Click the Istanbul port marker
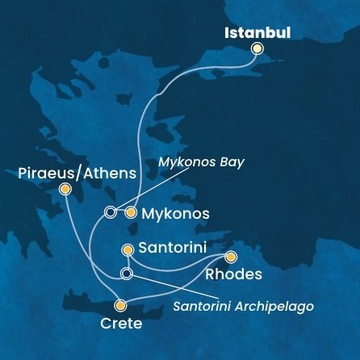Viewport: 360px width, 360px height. point(257,48)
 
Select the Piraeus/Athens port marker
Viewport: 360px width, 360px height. point(65,189)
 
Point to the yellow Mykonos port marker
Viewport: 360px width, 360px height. point(130,212)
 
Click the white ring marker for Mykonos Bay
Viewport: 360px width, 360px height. point(111,212)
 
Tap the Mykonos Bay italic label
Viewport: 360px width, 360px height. point(202,161)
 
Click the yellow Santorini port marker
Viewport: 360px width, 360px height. point(127,250)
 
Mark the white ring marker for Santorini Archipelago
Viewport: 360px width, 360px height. point(126,274)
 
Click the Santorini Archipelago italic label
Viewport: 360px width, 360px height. point(243,307)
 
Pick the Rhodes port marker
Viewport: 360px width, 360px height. point(231,257)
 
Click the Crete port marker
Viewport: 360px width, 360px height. point(120,305)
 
